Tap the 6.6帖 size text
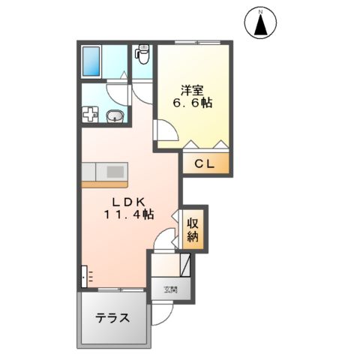[x=192, y=103]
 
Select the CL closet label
[x=204, y=163]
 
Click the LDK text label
[x=128, y=201]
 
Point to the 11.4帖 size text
[x=129, y=214]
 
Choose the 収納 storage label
[x=193, y=229]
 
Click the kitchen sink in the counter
[x=114, y=171]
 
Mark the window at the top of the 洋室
[x=190, y=43]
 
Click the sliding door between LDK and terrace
[x=112, y=289]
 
